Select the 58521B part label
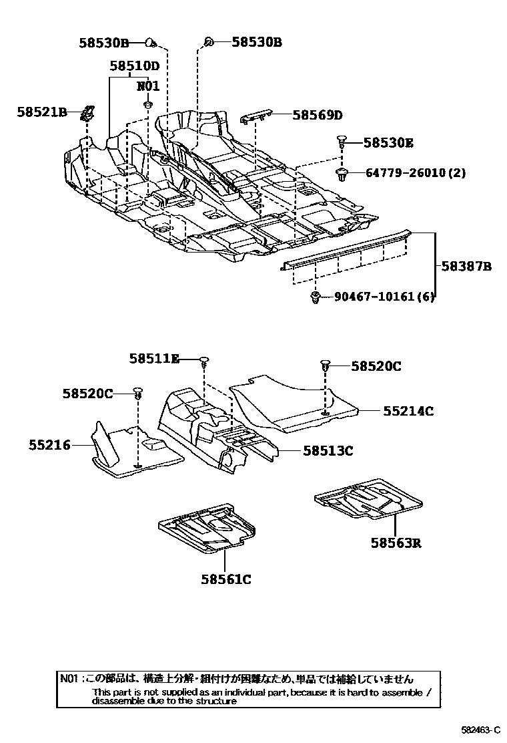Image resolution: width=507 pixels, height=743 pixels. (42, 112)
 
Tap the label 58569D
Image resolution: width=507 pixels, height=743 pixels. (317, 115)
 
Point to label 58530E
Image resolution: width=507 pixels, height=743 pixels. (388, 142)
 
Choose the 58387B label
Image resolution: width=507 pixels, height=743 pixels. (466, 266)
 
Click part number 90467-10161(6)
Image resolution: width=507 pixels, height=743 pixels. (384, 297)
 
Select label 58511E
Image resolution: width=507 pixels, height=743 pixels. (154, 359)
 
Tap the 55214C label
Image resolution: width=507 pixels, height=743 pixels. (408, 411)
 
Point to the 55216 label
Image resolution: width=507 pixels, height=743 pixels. (49, 444)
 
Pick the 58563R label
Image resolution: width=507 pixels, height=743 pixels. (396, 543)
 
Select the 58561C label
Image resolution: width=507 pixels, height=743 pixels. (225, 579)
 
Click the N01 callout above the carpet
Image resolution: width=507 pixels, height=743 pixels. (148, 86)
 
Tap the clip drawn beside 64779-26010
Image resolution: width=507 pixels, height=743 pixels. (342, 174)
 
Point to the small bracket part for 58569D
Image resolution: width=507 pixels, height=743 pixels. (256, 116)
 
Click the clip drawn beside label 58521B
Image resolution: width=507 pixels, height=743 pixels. (87, 114)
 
